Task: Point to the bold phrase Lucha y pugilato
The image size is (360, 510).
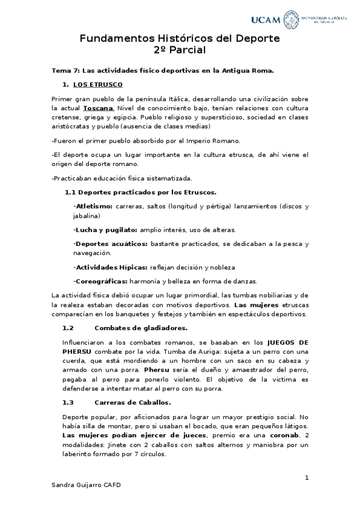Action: (x=105, y=230)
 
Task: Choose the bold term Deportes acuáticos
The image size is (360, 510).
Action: (x=110, y=244)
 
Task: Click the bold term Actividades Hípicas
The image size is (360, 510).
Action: (x=111, y=267)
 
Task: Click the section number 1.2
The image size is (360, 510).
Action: (x=68, y=328)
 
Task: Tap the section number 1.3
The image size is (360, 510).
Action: (x=68, y=402)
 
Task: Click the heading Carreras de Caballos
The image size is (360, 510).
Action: (x=133, y=402)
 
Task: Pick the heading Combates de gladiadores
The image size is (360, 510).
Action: (x=141, y=328)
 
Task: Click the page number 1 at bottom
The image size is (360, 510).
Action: (x=306, y=478)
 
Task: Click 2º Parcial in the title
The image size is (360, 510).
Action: (x=180, y=51)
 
